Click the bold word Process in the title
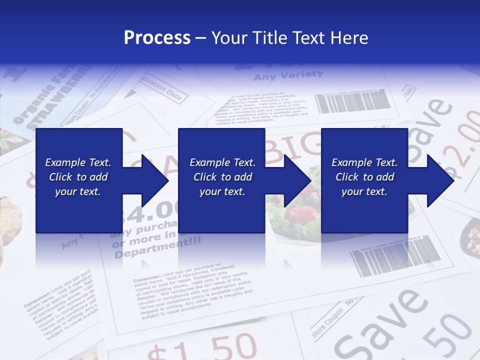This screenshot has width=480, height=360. click(157, 38)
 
